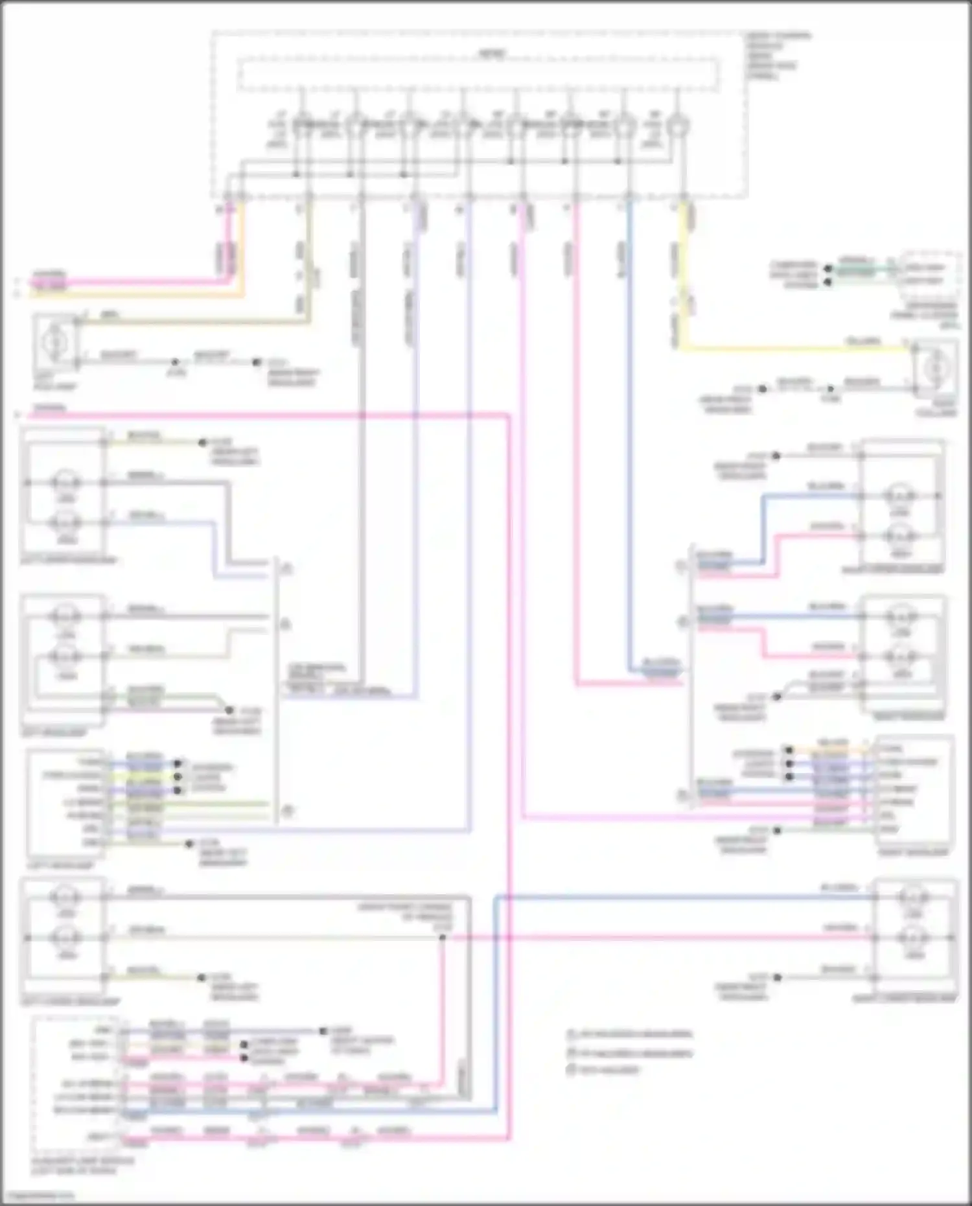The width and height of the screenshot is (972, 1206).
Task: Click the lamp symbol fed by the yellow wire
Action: coord(935,369)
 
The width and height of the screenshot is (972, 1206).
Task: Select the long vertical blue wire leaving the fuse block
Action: coord(629,434)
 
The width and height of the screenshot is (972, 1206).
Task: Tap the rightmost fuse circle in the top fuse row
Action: coord(677,125)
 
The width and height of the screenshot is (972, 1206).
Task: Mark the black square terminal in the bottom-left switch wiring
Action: coord(323,1030)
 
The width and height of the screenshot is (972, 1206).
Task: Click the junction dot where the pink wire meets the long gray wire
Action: coord(442,938)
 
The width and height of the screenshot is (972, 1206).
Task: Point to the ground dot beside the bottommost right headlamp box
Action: coord(778,977)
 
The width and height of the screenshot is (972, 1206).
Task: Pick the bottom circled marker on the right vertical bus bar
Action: coord(682,796)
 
